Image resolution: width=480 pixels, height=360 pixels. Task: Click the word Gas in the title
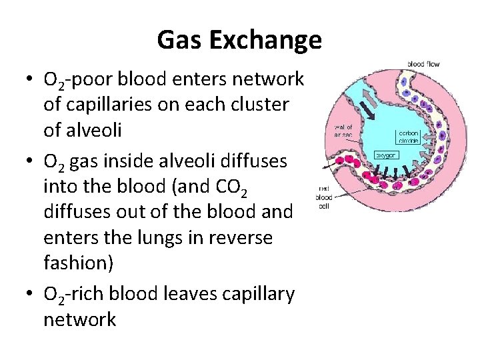tap(180, 41)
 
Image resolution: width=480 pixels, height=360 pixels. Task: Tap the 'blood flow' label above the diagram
tap(424, 64)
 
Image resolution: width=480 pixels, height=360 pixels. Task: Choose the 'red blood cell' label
tap(324, 197)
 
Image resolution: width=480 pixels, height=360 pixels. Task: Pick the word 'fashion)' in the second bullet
tap(79, 263)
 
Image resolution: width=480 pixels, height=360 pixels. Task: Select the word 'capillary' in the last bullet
tap(261, 294)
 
